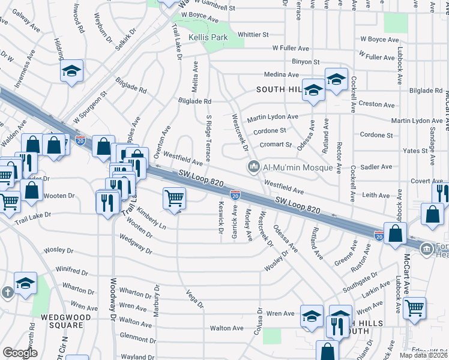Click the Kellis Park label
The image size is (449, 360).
pyautogui.click(x=208, y=37)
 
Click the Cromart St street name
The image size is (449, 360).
pyautogui.click(x=276, y=145)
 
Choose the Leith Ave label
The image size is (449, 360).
pyautogui.click(x=376, y=195)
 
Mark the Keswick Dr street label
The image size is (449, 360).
pyautogui.click(x=220, y=217)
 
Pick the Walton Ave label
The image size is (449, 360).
pyautogui.click(x=226, y=328)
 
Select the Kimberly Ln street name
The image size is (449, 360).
pyautogui.click(x=151, y=219)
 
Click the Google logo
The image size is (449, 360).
pyautogui.click(x=20, y=353)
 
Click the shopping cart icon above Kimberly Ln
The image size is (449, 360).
pyautogui.click(x=174, y=197)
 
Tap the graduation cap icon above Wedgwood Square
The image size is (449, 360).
pyautogui.click(x=26, y=283)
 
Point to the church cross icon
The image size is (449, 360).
pyautogui.click(x=7, y=292)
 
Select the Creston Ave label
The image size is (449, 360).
pyautogui.click(x=376, y=104)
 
